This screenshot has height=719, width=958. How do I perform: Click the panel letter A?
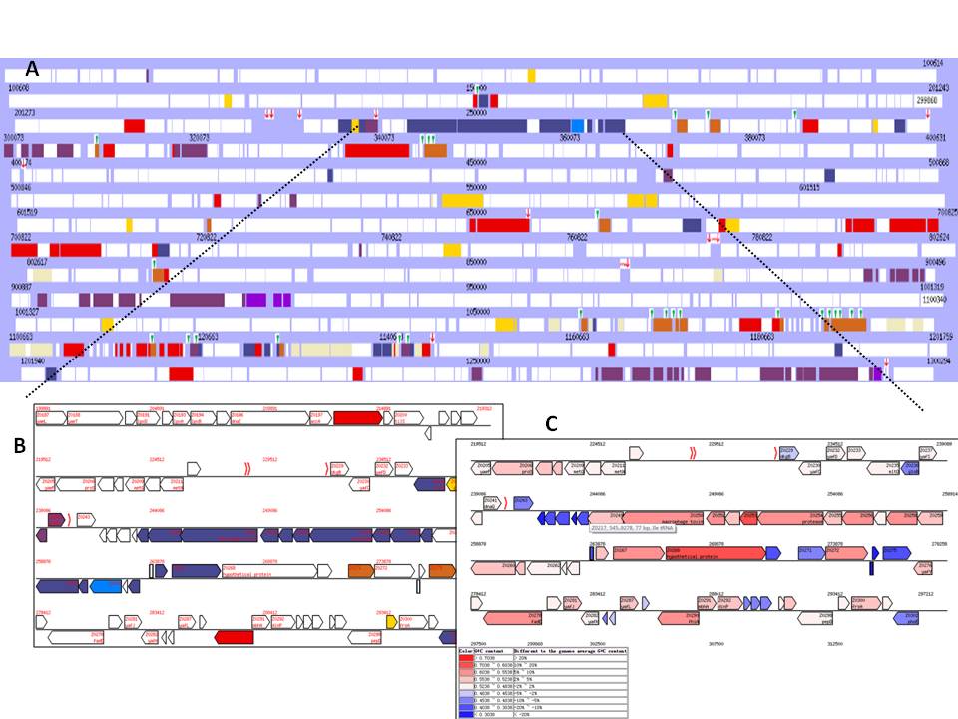tap(32, 69)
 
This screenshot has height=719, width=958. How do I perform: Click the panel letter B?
tap(19, 447)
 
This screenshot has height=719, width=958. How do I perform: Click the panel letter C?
tap(551, 424)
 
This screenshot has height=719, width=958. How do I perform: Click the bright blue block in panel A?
tap(578, 125)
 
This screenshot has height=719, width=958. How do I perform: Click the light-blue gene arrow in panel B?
tap(105, 586)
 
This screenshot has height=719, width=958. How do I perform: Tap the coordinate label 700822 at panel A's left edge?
tap(21, 237)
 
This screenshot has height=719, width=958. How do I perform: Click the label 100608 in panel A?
tap(19, 88)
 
